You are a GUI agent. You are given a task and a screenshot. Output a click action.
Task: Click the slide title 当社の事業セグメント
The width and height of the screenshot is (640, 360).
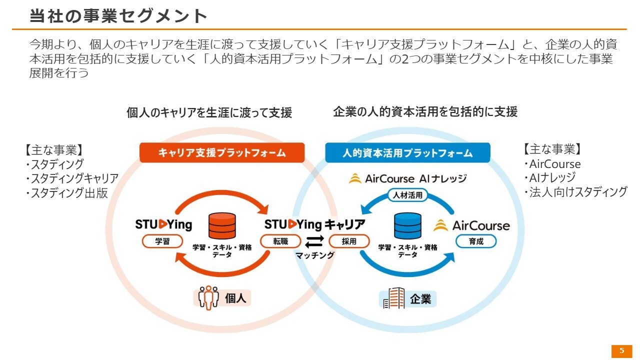click(x=118, y=16)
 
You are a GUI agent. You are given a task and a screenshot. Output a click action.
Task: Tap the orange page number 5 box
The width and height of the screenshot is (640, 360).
click(x=621, y=351)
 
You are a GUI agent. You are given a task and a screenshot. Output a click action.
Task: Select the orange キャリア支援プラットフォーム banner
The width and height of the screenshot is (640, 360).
click(x=222, y=153)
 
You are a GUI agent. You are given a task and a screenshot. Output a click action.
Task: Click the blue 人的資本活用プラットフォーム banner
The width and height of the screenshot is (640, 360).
click(x=407, y=153)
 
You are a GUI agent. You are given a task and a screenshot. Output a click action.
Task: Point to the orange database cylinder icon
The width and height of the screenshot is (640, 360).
click(x=222, y=226)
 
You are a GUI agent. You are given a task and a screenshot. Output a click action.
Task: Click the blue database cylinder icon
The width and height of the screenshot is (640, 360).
click(x=407, y=226)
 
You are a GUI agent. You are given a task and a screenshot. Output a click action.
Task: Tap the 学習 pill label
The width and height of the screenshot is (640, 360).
click(x=162, y=241)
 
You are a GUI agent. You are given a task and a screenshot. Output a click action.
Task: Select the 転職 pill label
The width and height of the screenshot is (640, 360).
click(x=280, y=241)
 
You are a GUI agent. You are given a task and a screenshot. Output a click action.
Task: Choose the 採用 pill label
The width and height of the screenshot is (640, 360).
click(x=349, y=241)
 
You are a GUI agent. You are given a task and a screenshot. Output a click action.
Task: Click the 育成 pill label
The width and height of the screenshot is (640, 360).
click(x=476, y=241)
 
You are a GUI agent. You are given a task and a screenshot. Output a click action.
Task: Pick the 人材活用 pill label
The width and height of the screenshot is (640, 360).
click(x=408, y=195)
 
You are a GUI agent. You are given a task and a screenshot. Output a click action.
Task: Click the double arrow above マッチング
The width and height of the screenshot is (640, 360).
click(x=315, y=242)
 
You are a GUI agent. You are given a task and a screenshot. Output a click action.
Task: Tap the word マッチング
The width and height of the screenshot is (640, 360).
click(x=315, y=255)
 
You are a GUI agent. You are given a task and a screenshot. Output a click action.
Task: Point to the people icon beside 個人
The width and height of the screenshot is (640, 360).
click(x=208, y=298)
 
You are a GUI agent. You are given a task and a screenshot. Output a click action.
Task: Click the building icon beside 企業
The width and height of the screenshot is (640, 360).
click(x=393, y=299)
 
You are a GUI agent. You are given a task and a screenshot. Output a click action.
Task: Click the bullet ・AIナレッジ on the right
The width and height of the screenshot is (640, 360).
click(x=549, y=177)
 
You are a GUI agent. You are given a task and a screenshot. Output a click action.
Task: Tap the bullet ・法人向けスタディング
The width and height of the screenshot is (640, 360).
click(x=575, y=192)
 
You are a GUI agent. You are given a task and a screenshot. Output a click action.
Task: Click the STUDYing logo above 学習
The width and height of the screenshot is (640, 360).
click(x=163, y=225)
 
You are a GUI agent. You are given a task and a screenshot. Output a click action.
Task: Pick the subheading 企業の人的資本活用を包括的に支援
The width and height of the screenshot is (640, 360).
click(x=425, y=112)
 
